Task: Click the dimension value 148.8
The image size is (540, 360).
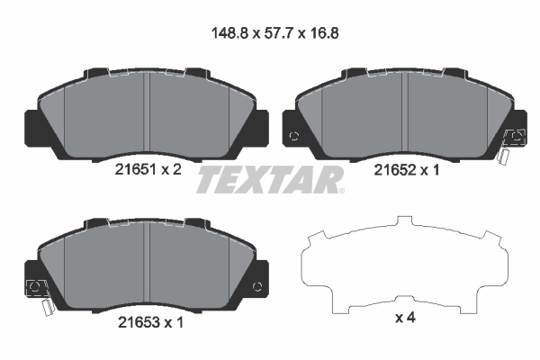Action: click(x=229, y=33)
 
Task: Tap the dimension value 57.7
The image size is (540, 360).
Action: click(x=279, y=33)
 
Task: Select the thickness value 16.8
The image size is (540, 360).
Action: click(x=324, y=33)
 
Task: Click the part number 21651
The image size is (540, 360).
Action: click(x=136, y=169)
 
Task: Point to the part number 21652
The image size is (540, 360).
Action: click(x=395, y=170)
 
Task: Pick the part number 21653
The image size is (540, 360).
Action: click(x=139, y=322)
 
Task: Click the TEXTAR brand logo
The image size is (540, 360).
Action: click(x=269, y=180)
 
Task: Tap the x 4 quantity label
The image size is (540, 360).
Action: click(x=405, y=318)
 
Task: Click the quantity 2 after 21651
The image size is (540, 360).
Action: click(x=177, y=169)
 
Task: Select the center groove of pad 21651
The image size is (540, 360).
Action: click(x=147, y=113)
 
